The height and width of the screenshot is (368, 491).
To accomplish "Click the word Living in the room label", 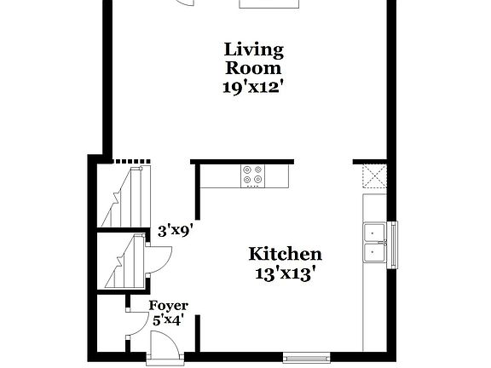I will pos(253,49).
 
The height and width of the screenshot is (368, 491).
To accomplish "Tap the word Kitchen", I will pos(285,254).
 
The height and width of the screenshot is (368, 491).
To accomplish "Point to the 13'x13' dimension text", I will pos(285,273).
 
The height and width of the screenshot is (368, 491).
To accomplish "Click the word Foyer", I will pos(169,305).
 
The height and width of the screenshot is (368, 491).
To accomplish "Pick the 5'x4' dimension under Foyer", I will pos(169,320).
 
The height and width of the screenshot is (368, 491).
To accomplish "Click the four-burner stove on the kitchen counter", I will pos(253,175).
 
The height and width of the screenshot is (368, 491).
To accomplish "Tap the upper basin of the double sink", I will pos(375,232).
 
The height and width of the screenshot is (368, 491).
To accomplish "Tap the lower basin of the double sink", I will pos(375,253).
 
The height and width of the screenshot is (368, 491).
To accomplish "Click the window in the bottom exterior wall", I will pos(307,356).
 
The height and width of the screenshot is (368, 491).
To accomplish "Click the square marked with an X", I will pos(375,176).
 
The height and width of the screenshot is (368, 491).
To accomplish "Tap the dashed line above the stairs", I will pos(132,160).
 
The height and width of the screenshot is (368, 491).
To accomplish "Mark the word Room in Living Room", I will pos(253,67).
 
